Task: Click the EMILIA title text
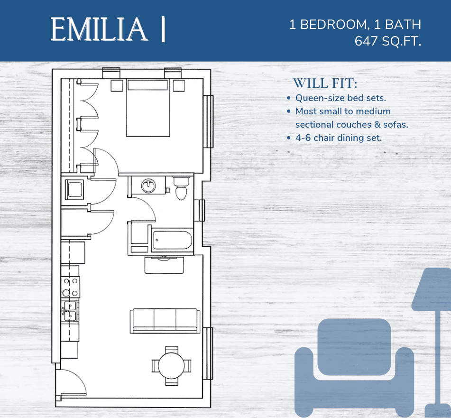(x=99, y=29)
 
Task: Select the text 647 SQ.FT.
(x=388, y=41)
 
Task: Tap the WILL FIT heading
(x=325, y=84)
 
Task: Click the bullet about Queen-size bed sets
(x=340, y=98)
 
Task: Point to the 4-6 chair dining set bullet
(x=338, y=138)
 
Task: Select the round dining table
(x=172, y=366)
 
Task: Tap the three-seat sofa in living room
(x=165, y=320)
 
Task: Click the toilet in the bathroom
(x=181, y=188)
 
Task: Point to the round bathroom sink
(x=148, y=186)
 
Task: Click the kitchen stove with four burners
(x=70, y=287)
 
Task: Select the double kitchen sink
(x=70, y=311)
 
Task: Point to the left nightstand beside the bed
(x=117, y=85)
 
